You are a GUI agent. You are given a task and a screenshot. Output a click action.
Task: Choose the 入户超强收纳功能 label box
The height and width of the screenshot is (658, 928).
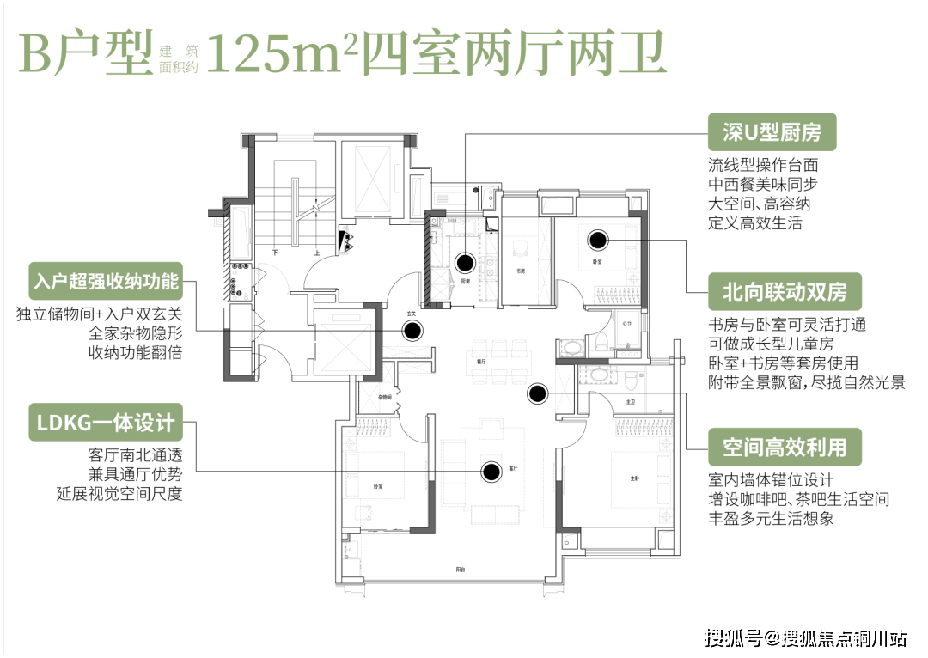106,281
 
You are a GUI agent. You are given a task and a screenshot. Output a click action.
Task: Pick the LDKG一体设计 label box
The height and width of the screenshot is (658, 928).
106,423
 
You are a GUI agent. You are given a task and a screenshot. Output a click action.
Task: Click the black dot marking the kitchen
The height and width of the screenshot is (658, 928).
465,263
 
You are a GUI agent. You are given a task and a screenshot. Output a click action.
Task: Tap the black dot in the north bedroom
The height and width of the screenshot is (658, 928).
598,240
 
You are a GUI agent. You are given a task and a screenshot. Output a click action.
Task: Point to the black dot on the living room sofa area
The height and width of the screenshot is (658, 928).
491,471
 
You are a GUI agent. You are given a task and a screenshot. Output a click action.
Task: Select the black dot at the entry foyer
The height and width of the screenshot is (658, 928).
413,330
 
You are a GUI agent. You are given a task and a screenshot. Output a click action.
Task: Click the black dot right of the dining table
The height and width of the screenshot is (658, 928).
538,393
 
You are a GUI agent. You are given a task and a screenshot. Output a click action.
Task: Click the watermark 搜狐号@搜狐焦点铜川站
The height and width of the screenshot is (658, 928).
803,637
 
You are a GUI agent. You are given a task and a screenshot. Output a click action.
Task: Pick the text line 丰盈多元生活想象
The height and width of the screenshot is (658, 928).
770,519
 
